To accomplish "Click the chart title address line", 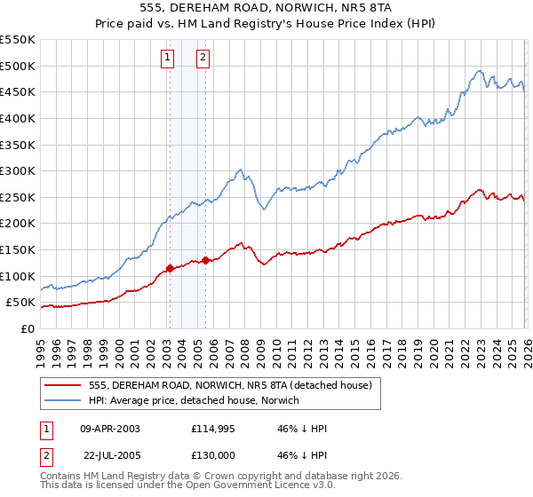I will pos(266,6).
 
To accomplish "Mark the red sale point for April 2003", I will pos(170,267).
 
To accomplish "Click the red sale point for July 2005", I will pos(205,260).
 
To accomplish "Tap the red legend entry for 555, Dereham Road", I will pos(236,384).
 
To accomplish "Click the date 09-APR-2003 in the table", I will pos(110,429).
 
